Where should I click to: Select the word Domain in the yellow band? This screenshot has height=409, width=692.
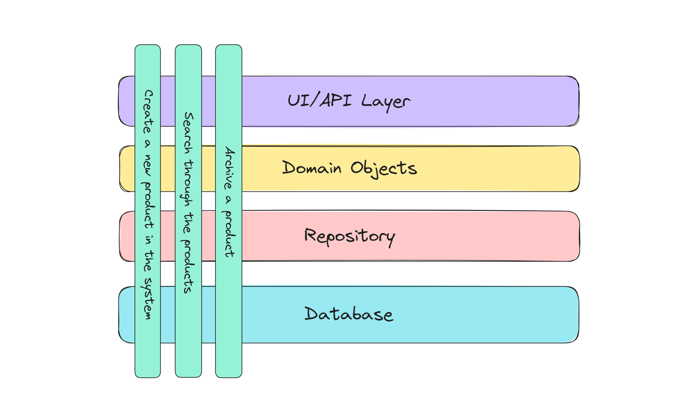pyautogui.click(x=312, y=168)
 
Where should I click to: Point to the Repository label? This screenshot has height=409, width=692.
pyautogui.click(x=349, y=237)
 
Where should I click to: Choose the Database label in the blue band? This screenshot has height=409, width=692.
pyautogui.click(x=349, y=314)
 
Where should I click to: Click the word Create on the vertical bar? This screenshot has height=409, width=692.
pyautogui.click(x=148, y=111)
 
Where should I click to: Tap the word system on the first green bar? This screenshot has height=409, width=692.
pyautogui.click(x=148, y=298)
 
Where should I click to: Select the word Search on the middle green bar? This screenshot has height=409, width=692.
pyautogui.click(x=188, y=133)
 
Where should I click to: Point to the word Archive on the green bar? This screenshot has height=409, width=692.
pyautogui.click(x=229, y=168)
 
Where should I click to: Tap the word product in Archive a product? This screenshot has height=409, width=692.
pyautogui.click(x=229, y=234)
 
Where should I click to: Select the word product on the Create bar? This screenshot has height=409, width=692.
pyautogui.click(x=148, y=205)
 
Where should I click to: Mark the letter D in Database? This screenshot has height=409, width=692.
pyautogui.click(x=311, y=313)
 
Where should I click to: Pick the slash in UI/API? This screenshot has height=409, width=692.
pyautogui.click(x=315, y=100)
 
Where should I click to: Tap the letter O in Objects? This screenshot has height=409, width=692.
pyautogui.click(x=356, y=168)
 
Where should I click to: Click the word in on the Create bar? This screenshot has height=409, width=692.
pyautogui.click(x=148, y=239)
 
